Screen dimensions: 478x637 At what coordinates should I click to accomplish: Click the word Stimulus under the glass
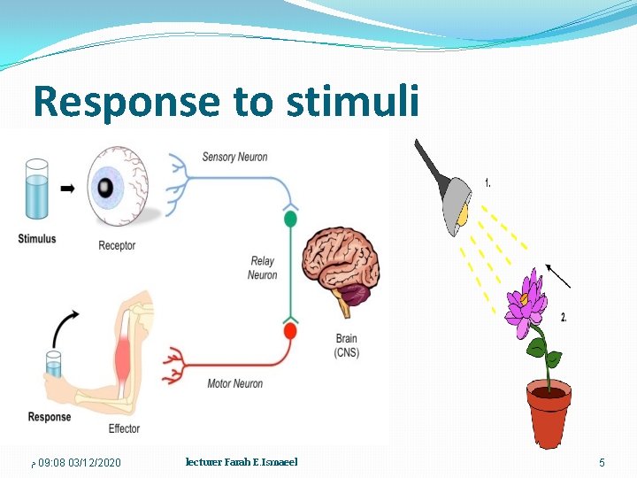36,238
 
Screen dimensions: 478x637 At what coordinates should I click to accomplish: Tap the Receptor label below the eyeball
117,245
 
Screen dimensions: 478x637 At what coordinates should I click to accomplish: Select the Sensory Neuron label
234,158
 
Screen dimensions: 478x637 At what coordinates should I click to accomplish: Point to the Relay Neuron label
263,268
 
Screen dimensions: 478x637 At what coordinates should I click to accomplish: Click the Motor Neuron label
234,383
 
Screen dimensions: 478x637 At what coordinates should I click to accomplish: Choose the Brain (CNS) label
347,346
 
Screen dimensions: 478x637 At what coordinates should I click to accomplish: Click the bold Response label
50,417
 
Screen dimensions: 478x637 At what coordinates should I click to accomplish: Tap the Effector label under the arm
124,428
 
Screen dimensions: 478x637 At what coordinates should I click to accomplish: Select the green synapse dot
289,218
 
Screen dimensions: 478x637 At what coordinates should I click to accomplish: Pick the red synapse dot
289,331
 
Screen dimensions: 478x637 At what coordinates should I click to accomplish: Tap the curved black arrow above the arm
61,327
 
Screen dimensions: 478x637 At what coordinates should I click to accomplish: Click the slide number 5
602,463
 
